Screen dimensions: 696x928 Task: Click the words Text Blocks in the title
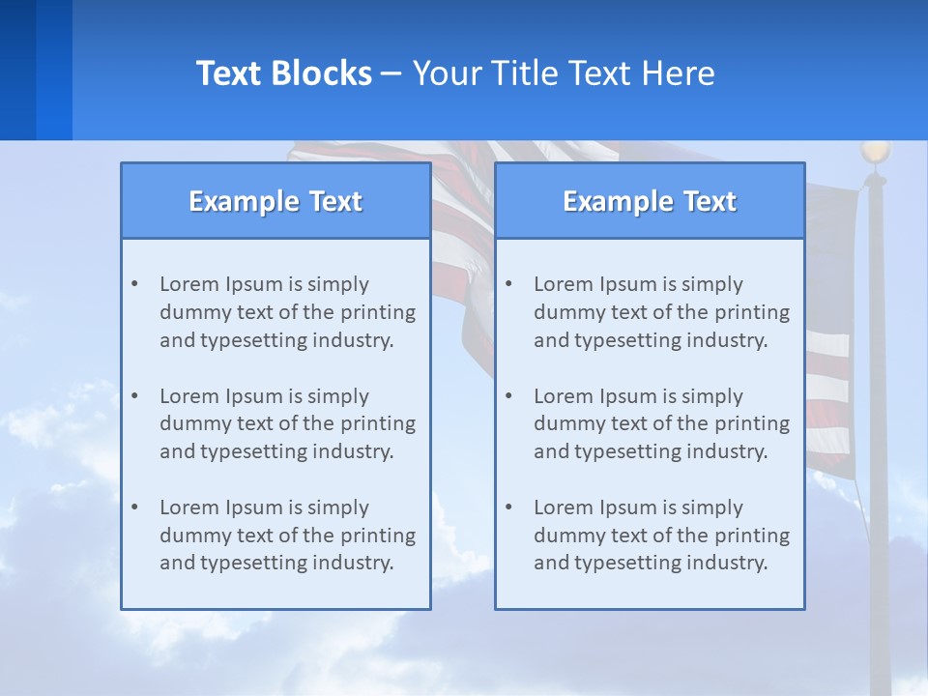283,73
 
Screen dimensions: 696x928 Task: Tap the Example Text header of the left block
275,201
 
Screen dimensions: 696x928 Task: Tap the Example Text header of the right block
650,201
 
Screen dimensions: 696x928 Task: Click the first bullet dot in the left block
134,284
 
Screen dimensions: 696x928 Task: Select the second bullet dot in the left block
134,396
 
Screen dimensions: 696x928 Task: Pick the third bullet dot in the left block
134,507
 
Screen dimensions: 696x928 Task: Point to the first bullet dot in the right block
508,284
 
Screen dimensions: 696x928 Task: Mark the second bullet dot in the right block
508,396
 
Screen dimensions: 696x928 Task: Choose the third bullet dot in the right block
508,507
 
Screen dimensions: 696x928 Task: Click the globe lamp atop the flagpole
876,152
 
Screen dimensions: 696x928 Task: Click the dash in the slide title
391,73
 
